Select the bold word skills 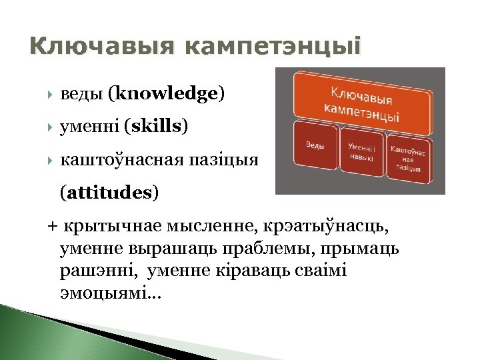(x=159, y=125)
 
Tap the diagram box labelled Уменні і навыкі (x=362, y=153)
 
